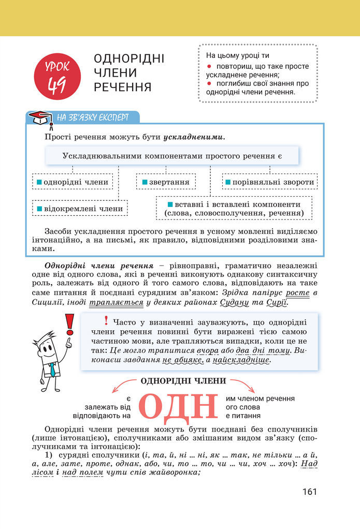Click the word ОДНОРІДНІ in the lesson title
click(x=129, y=58)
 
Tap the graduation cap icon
click(x=39, y=118)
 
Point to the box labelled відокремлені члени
click(x=80, y=209)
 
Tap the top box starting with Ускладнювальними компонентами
click(x=172, y=155)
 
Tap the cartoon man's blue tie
click(x=52, y=369)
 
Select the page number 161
click(x=309, y=492)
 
